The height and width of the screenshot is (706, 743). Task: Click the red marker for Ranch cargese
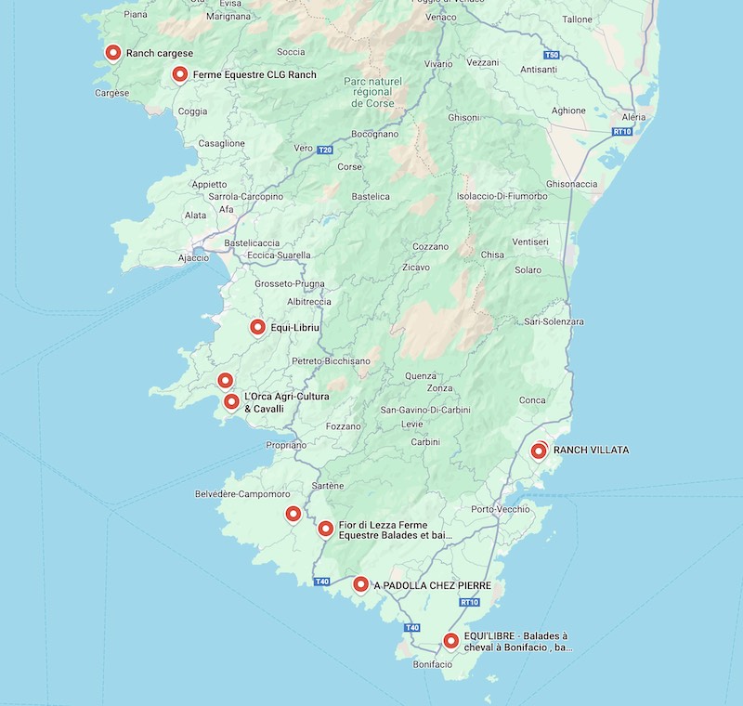click(113, 53)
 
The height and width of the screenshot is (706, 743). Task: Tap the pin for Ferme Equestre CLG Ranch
click(180, 74)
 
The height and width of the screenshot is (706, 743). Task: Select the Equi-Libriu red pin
click(258, 326)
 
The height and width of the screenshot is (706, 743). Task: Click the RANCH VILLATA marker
click(539, 451)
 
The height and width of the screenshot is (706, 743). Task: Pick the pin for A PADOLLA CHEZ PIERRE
click(360, 583)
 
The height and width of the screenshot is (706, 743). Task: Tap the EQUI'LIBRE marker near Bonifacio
click(450, 640)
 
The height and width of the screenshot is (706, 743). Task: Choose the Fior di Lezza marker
click(326, 529)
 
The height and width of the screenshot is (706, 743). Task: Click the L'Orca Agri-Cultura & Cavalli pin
click(231, 401)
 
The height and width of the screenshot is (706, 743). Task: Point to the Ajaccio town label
click(193, 257)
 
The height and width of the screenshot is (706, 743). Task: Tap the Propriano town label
click(285, 445)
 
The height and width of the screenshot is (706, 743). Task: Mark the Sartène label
click(328, 485)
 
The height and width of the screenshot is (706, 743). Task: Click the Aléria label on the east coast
click(633, 117)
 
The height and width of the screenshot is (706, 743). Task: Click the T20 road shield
click(324, 150)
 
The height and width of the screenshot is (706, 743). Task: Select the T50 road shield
click(552, 56)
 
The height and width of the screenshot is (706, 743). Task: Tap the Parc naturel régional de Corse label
click(372, 92)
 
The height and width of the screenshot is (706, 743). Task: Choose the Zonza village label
click(440, 387)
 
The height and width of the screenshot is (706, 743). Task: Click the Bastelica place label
click(371, 196)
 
